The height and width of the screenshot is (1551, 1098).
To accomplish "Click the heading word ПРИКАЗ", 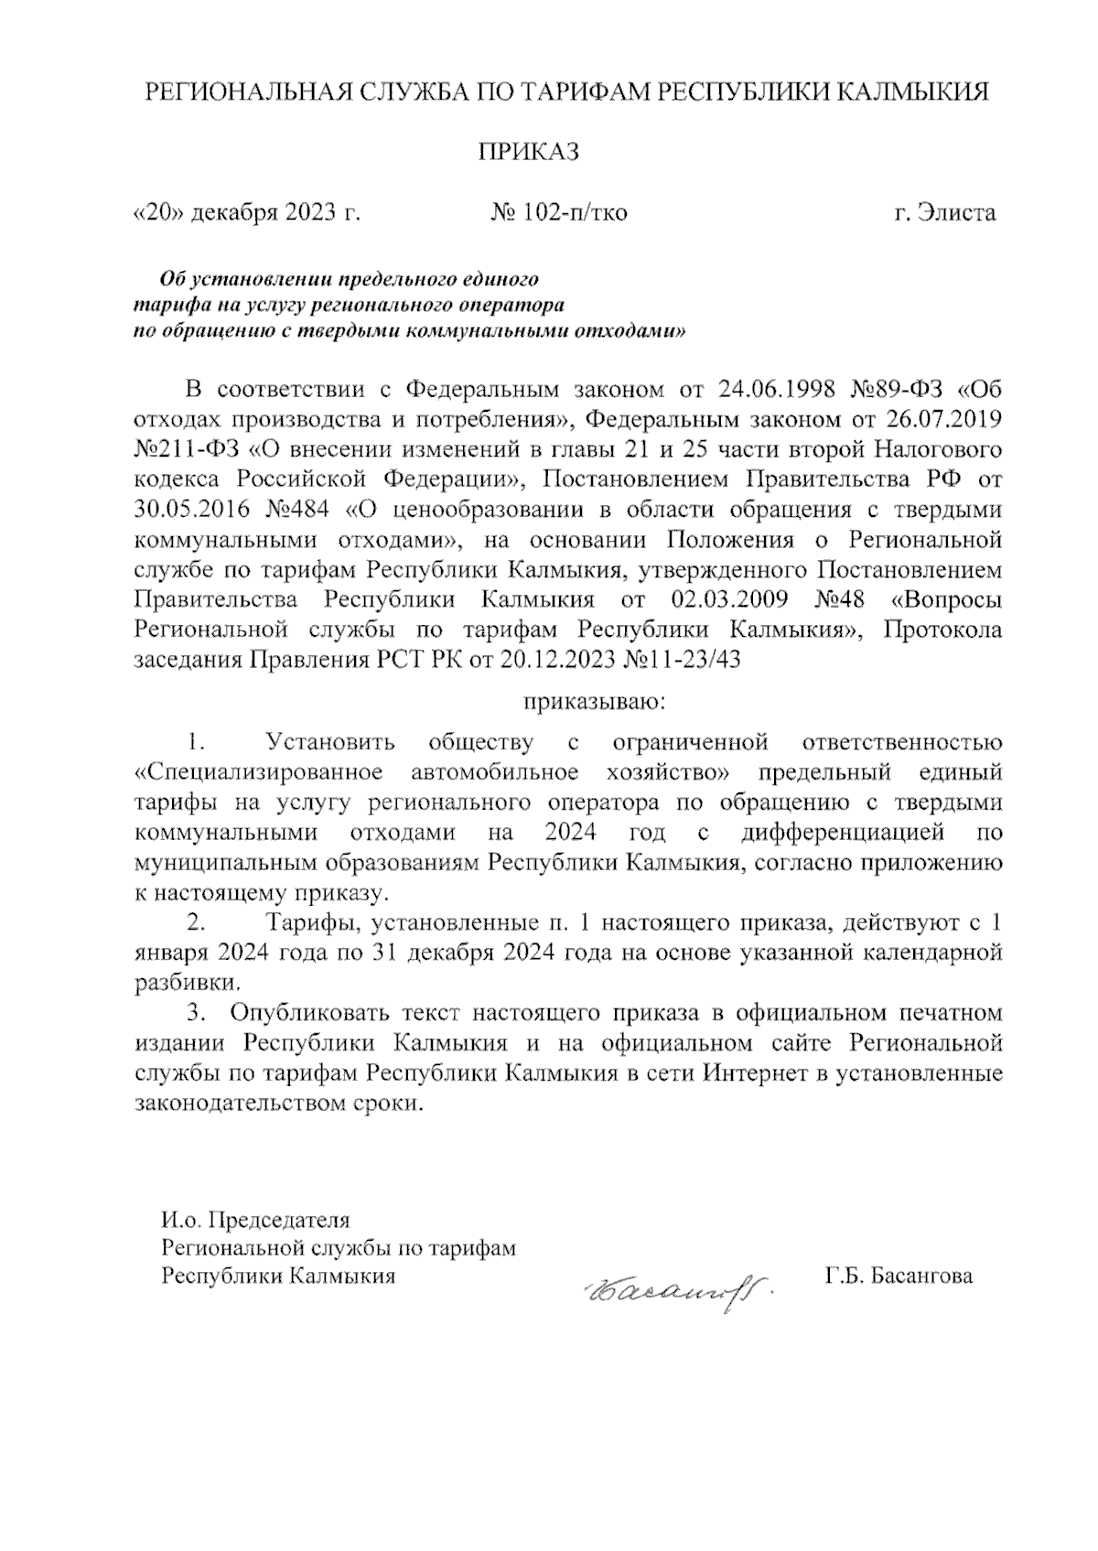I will (530, 152).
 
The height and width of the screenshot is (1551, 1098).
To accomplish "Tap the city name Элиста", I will (958, 213).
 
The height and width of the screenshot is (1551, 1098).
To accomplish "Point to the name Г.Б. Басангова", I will (898, 1276).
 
